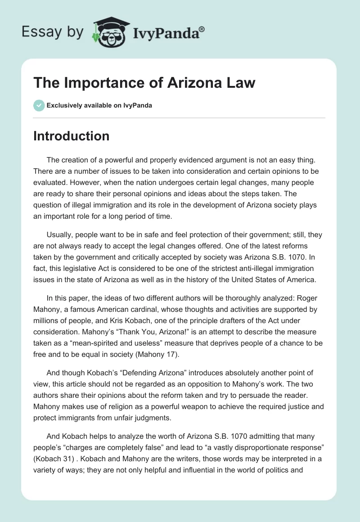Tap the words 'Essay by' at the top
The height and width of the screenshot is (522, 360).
(x=53, y=31)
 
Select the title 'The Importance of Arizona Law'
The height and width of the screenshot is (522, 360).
(x=144, y=83)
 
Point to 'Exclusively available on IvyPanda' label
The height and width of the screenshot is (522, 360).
(x=99, y=105)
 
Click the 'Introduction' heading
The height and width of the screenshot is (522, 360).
(x=71, y=136)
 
